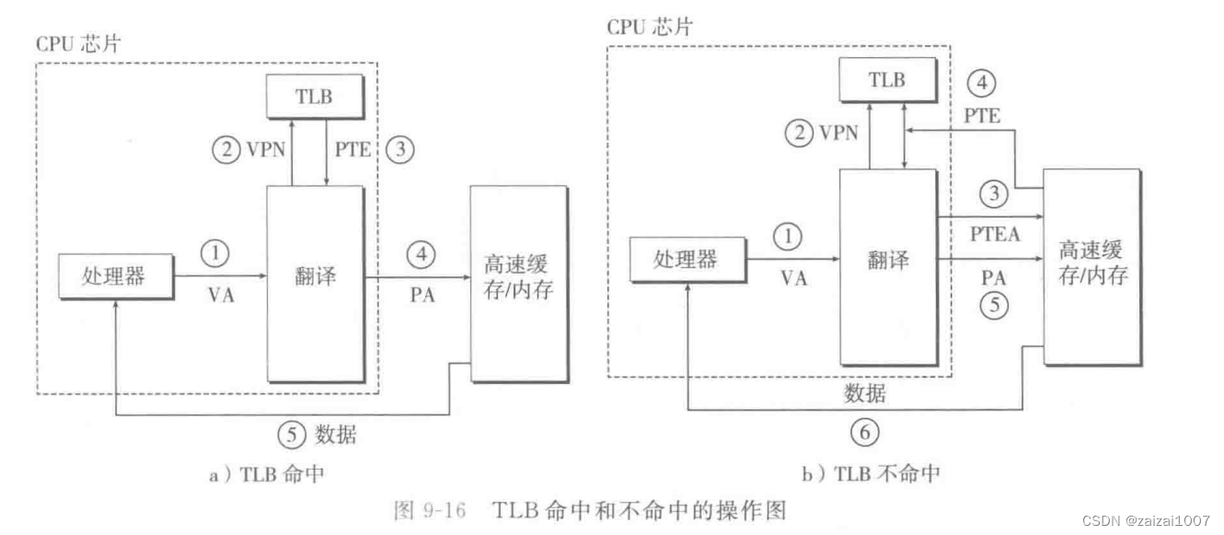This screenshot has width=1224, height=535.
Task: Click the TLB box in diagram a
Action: click(x=316, y=97)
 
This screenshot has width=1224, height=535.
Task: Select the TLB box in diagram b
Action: click(x=888, y=80)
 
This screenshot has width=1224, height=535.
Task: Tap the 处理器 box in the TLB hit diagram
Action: click(x=116, y=276)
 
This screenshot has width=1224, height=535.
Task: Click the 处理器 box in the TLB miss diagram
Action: click(x=688, y=260)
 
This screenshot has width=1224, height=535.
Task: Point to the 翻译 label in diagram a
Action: click(x=316, y=276)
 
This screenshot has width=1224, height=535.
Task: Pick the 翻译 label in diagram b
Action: click(x=888, y=260)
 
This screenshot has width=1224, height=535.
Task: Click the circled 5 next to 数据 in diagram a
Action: click(x=292, y=436)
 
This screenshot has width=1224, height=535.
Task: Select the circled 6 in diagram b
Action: click(x=864, y=433)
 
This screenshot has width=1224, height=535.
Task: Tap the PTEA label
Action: click(x=995, y=235)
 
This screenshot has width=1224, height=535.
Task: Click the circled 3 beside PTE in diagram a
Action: click(x=400, y=149)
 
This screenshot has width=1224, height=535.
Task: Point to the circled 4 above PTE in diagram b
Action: click(x=981, y=83)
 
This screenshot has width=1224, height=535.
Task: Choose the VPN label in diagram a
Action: click(x=266, y=150)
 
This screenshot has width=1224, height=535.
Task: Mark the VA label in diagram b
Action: click(x=794, y=279)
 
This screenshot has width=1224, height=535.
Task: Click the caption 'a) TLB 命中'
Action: click(x=267, y=474)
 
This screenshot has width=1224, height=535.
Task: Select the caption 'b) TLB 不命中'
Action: click(x=871, y=473)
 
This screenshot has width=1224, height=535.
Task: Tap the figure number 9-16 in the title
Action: click(x=445, y=510)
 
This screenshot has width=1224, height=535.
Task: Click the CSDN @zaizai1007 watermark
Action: click(x=1146, y=521)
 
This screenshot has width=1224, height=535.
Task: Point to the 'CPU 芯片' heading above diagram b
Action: click(x=650, y=26)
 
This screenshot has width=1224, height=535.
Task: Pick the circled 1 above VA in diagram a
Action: click(x=214, y=253)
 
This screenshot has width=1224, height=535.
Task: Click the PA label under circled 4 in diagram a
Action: click(x=422, y=296)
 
